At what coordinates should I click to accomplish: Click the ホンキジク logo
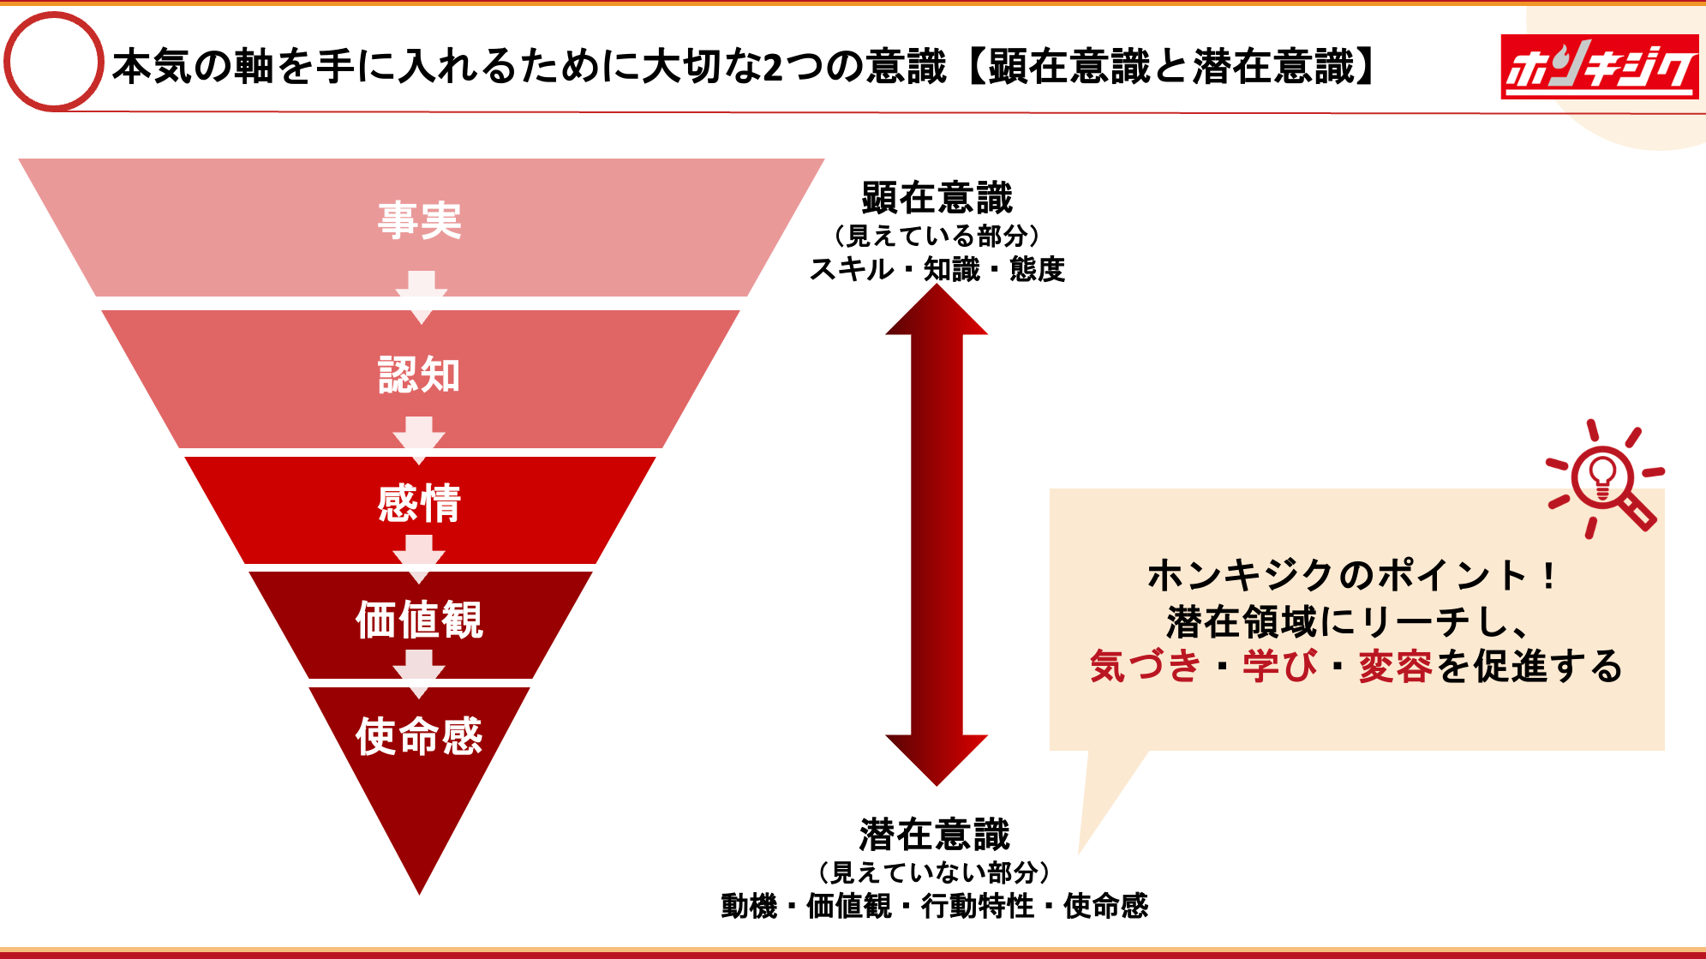point(1599,67)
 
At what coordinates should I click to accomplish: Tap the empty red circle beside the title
point(54,62)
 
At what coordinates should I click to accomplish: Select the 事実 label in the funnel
point(420,221)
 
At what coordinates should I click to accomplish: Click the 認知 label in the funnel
point(420,375)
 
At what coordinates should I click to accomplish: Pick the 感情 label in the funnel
point(420,503)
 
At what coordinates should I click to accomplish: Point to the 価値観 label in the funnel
point(420,620)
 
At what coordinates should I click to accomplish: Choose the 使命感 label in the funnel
point(420,736)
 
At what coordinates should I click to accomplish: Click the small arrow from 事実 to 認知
point(421,297)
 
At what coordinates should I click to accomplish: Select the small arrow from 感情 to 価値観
point(419,558)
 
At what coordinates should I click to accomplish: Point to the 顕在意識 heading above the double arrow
point(937,198)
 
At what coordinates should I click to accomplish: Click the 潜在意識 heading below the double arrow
point(935,834)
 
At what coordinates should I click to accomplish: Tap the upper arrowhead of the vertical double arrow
point(937,310)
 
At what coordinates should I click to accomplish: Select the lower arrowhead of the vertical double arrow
point(937,758)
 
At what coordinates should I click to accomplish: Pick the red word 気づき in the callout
point(1145,666)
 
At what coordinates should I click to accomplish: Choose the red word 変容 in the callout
point(1395,666)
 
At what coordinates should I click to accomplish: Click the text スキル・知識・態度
point(937,269)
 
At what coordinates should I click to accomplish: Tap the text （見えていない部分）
point(935,872)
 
